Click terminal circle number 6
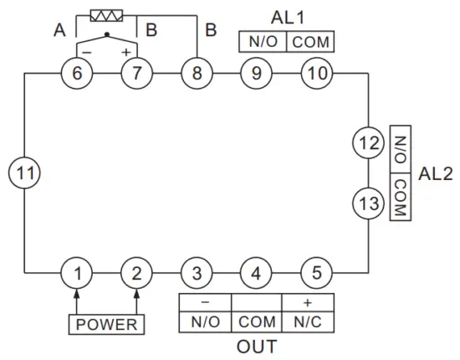click(x=77, y=73)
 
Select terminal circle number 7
click(x=135, y=73)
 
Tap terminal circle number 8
click(x=197, y=73)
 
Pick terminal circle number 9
click(x=256, y=73)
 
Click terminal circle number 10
click(x=316, y=73)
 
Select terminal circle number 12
click(x=368, y=143)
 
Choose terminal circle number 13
click(x=368, y=203)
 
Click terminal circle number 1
click(x=77, y=273)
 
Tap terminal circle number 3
click(x=197, y=273)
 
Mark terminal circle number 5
click(x=316, y=273)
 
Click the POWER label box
click(x=106, y=324)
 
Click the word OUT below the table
click(x=256, y=346)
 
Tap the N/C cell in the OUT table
click(x=307, y=321)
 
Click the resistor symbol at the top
click(x=107, y=15)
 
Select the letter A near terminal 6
click(x=59, y=31)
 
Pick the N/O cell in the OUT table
click(x=205, y=321)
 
